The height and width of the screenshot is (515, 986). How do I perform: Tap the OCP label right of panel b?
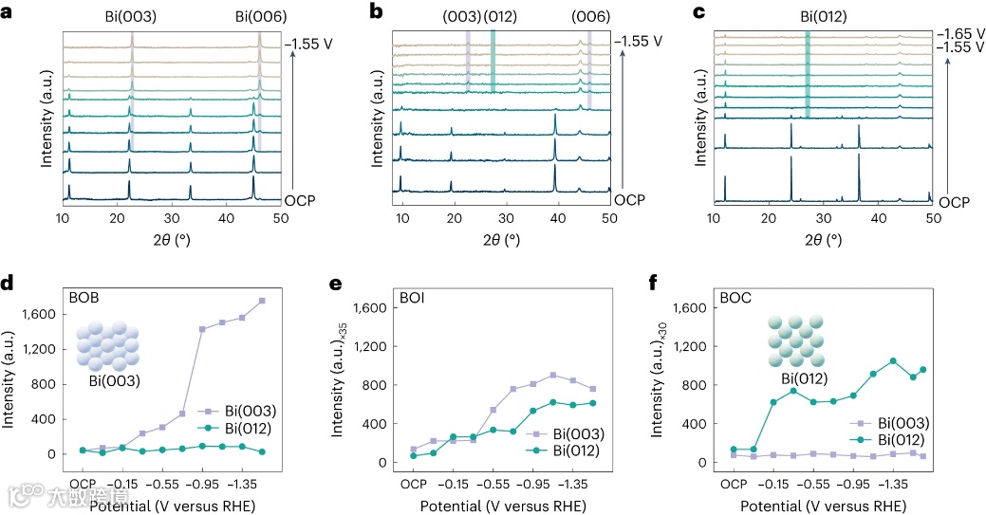[x=627, y=201]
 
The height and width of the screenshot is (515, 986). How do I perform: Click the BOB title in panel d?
[x=84, y=296]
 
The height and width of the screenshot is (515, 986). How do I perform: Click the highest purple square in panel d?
[x=262, y=301]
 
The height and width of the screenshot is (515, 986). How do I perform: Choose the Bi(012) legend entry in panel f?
[x=902, y=439]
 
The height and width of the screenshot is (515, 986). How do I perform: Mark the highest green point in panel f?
[x=893, y=360]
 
